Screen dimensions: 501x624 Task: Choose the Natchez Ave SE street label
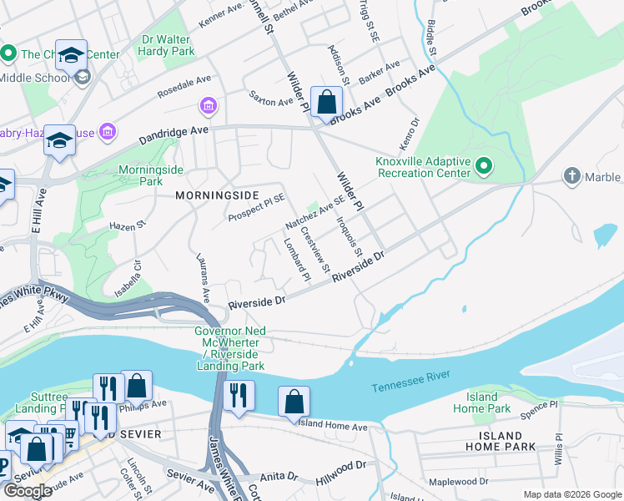coord(315,213)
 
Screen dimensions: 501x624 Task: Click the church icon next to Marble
coord(571,176)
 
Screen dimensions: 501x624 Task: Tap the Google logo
coord(28,490)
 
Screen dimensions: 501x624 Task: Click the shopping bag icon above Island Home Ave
coord(294,402)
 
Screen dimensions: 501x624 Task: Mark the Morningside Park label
coord(139,175)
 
